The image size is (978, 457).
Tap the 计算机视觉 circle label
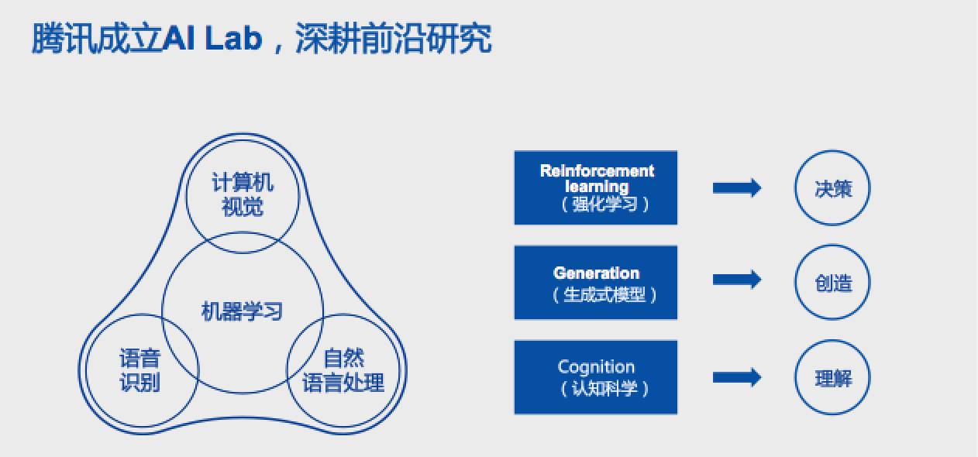(243, 195)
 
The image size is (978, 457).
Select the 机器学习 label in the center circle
(243, 311)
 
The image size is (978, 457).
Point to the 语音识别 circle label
(140, 370)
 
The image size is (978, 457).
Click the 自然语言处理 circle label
(343, 370)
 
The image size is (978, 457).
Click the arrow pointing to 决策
(736, 188)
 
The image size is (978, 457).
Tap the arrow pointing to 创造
(736, 280)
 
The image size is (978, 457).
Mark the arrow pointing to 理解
(736, 377)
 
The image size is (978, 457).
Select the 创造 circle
(833, 283)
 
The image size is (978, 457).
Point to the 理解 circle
(833, 379)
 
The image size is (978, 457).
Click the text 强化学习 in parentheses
(604, 204)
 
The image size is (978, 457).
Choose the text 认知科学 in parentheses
(604, 388)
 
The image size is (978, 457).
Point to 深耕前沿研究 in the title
(394, 39)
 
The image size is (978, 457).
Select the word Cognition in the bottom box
(596, 367)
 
